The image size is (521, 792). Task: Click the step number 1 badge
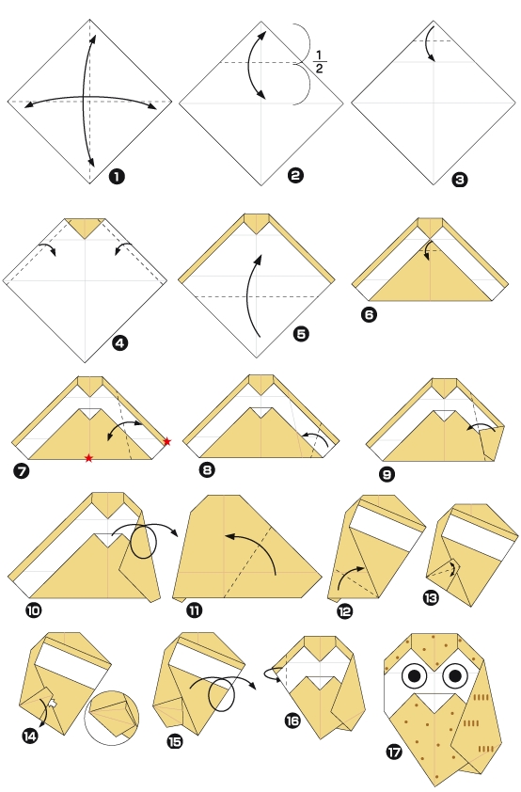click(117, 176)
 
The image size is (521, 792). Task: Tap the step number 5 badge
click(300, 334)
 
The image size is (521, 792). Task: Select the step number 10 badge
click(34, 610)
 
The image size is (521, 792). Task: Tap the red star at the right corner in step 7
click(167, 441)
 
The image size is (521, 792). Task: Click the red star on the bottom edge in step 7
click(88, 458)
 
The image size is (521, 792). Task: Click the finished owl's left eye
click(415, 675)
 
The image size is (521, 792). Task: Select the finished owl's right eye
click(454, 674)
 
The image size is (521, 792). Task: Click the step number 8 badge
click(209, 468)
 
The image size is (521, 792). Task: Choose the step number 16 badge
click(292, 720)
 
